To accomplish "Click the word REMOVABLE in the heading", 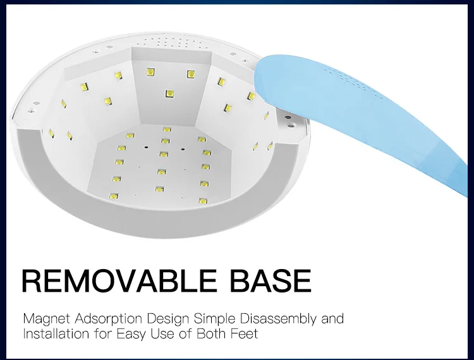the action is [119, 280].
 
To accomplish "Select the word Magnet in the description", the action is [46, 319].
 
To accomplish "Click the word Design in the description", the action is [168, 319].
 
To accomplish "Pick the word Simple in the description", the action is [214, 319].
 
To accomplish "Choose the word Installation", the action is [56, 333].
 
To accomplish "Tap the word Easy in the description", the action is [131, 334].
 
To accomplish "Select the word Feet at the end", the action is [244, 333].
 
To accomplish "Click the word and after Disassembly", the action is [332, 318].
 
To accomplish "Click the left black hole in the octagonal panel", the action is [147, 147].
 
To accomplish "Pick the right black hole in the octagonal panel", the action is [183, 149].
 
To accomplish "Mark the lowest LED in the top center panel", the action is [169, 94].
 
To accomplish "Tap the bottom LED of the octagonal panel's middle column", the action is [160, 189].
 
